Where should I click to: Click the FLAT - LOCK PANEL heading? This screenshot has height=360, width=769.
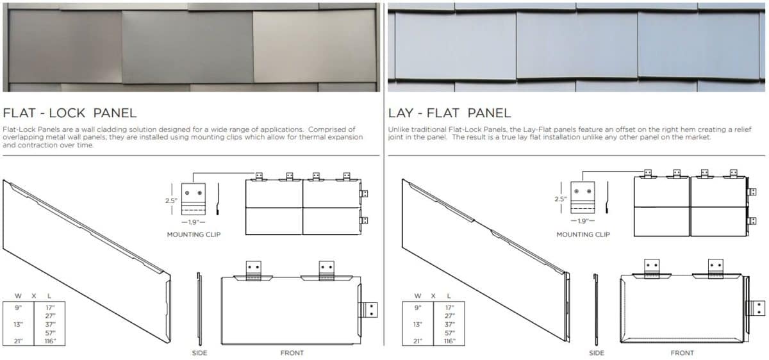coord(70,113)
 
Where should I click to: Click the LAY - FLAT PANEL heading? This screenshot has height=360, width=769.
coord(450,113)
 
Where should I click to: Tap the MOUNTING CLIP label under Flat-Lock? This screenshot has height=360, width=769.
coord(194,234)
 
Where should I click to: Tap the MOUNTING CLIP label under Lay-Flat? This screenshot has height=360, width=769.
coord(583,234)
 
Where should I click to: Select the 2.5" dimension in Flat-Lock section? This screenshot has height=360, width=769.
coord(170,200)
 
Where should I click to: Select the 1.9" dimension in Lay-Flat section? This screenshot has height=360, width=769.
coord(583,221)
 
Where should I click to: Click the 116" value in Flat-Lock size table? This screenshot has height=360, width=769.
coord(50,341)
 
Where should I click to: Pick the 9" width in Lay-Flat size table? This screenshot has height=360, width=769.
coord(418,307)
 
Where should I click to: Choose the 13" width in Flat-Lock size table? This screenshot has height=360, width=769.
coord(18,323)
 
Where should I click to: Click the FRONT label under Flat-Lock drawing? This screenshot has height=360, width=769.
coord(292,353)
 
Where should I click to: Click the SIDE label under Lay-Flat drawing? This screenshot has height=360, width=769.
coord(596,353)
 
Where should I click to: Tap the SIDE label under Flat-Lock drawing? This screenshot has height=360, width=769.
coord(199,353)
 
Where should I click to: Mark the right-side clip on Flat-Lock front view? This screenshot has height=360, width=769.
coord(370,310)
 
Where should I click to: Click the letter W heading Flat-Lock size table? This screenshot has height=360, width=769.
coord(17,295)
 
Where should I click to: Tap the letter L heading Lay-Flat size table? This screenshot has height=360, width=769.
coord(448,295)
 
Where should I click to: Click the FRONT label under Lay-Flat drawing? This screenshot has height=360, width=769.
coord(682,353)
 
